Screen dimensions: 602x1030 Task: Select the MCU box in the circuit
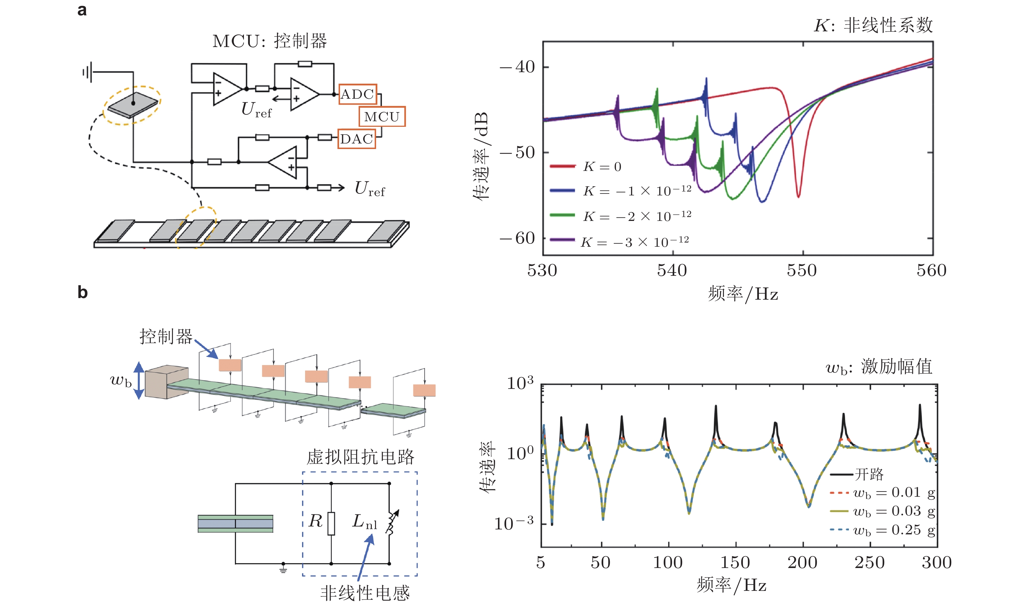point(382,117)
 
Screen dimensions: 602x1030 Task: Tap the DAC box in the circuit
point(356,139)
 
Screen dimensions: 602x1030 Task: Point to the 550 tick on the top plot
point(802,270)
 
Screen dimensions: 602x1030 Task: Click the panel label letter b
point(82,293)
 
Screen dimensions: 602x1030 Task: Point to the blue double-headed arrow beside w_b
point(139,380)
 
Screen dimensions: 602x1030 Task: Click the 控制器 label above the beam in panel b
point(166,337)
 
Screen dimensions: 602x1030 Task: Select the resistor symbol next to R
point(331,523)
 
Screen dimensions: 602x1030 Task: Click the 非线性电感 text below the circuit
point(365,593)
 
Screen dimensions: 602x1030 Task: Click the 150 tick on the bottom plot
point(735,563)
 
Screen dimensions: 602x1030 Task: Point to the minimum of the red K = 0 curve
point(798,197)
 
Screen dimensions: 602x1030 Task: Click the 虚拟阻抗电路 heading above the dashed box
point(360,457)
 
